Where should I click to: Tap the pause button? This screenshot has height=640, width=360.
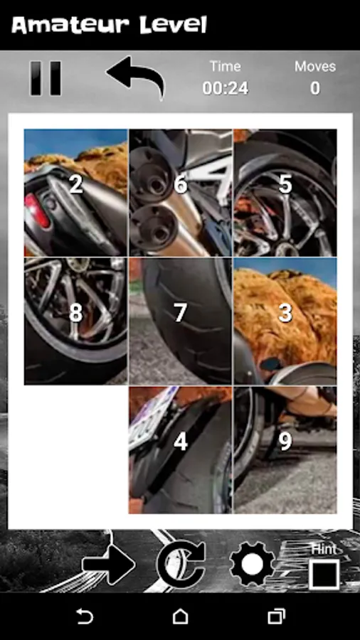(46, 78)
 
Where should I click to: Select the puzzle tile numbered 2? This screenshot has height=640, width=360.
(76, 193)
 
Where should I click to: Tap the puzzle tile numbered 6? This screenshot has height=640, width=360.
(181, 193)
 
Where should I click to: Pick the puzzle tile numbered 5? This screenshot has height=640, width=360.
(285, 193)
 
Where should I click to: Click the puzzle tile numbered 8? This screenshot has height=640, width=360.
(76, 321)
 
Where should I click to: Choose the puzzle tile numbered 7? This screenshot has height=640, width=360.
(181, 321)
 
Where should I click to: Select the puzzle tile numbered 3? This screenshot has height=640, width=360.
(285, 321)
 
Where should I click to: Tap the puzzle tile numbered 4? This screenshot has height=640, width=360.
(181, 450)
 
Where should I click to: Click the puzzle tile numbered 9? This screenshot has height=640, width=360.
(285, 450)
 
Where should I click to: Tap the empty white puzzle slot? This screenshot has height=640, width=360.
(76, 450)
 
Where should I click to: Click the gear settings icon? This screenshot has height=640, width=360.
(253, 564)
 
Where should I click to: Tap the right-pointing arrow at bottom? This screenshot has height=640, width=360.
(109, 565)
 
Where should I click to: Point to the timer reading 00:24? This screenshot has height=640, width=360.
(226, 88)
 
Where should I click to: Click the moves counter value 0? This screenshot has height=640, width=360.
(314, 88)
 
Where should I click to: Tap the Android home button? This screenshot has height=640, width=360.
(180, 616)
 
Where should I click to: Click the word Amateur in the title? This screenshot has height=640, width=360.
(65, 26)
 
